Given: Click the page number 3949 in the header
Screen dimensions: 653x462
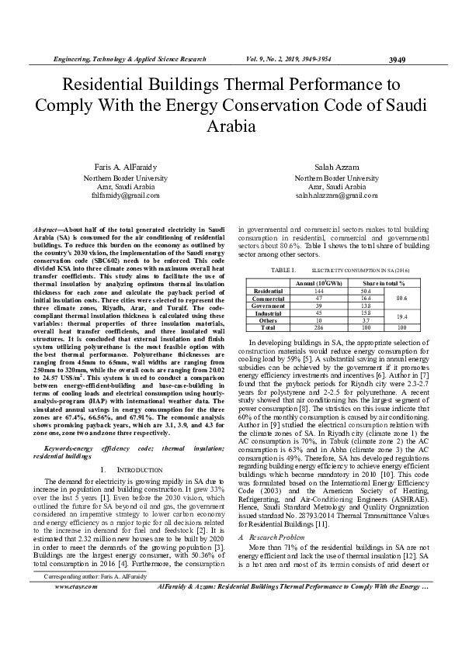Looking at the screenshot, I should click(397, 60).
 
